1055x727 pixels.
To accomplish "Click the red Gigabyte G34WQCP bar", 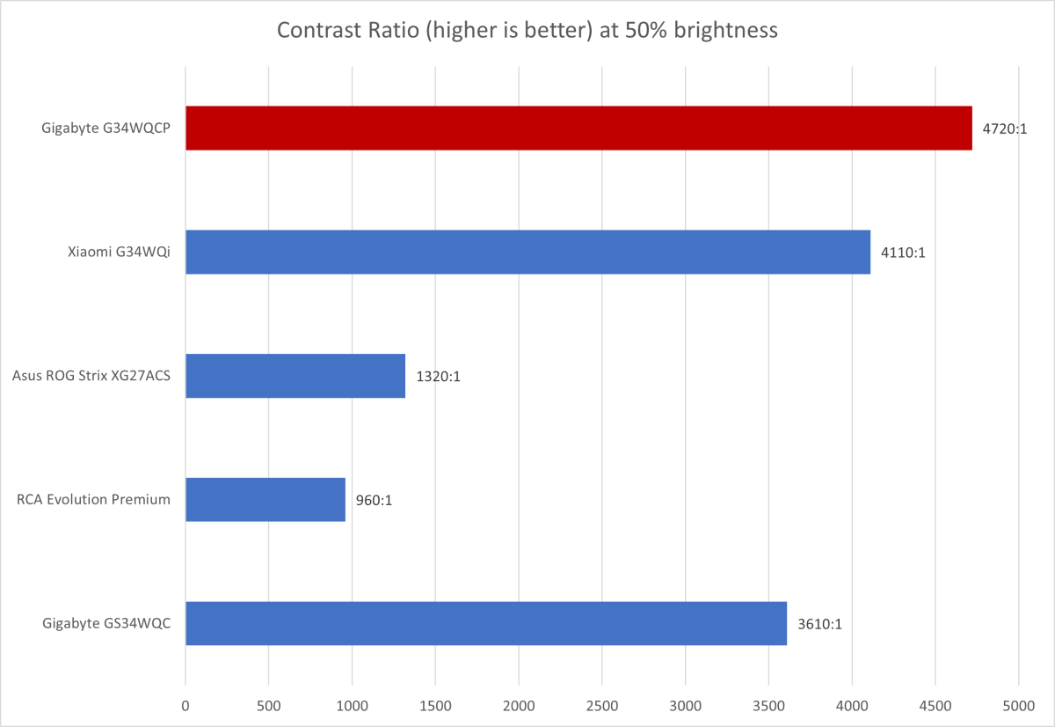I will point(578,129).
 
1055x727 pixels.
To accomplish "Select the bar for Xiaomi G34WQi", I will point(527,253).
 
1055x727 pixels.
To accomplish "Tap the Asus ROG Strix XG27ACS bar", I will point(295,376).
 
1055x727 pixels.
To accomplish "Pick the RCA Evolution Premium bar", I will point(266,500).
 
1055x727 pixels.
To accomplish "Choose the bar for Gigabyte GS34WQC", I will point(486,624).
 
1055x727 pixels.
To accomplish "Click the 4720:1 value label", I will point(1005,129).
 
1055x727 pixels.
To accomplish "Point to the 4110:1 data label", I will point(903,253).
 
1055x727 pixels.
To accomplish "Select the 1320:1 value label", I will point(438,376).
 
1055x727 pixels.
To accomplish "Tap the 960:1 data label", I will point(374,500).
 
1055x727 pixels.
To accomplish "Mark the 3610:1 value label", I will point(819,624).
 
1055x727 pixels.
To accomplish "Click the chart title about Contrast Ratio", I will point(527,31).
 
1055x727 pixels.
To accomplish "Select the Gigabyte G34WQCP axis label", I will point(105,129).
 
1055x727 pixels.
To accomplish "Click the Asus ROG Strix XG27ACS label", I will point(91,376).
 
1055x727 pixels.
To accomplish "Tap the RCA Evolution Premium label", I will point(93,500).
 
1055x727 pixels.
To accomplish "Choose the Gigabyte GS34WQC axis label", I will point(105,624).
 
